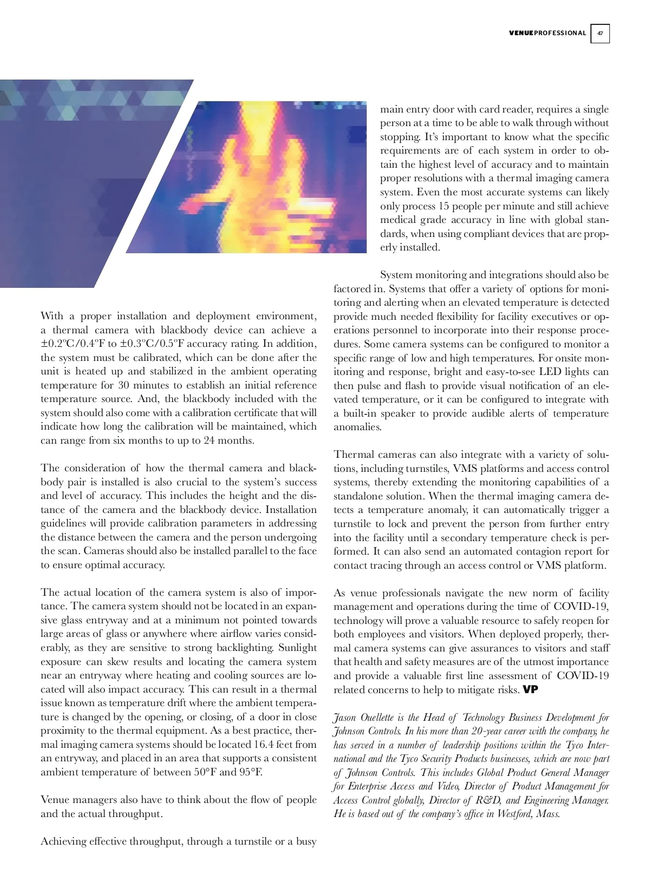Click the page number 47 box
click(600, 33)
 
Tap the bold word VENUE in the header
click(521, 33)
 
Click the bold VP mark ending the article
click(530, 690)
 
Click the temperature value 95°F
click(250, 772)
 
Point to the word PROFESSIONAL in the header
click(560, 33)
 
